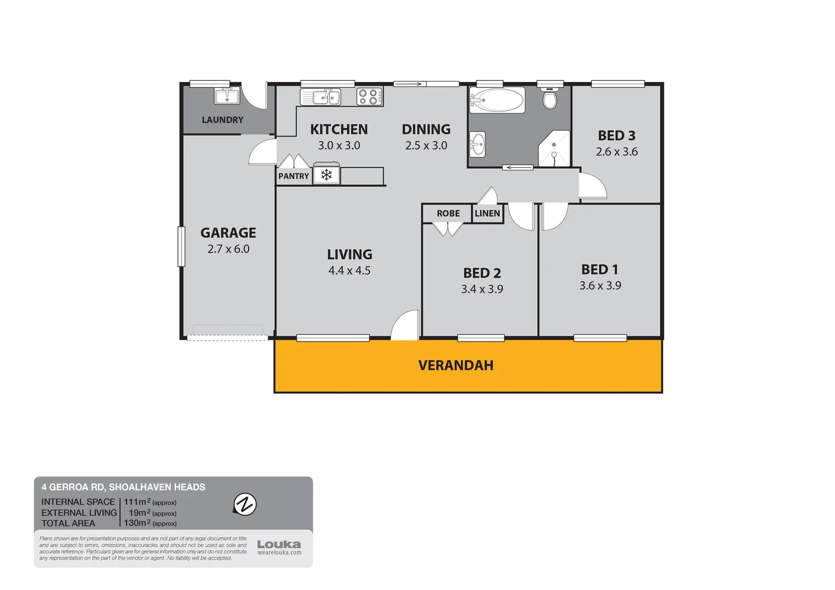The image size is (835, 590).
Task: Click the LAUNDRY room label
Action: point(222,120)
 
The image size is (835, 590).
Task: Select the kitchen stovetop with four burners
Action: point(369,97)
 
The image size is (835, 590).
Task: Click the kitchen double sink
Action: point(321,97)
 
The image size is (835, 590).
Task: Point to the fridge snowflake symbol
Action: point(326,175)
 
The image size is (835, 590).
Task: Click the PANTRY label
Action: point(293,176)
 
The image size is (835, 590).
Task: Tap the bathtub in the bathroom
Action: point(497,100)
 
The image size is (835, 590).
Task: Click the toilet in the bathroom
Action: point(550,98)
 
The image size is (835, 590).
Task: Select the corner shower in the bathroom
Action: point(554,149)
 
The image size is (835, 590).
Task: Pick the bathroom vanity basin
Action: point(478,144)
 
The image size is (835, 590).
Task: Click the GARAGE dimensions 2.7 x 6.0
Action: point(228,249)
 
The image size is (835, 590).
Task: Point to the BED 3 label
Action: point(616,135)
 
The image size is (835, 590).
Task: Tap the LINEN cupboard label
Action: point(487,214)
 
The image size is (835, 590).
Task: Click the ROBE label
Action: point(448,214)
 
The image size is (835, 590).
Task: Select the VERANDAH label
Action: point(456,365)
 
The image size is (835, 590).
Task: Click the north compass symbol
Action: point(245,504)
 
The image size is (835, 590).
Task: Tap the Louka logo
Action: point(279,545)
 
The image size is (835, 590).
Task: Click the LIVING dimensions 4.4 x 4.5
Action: point(349,270)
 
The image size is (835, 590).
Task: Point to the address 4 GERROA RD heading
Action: point(124,487)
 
